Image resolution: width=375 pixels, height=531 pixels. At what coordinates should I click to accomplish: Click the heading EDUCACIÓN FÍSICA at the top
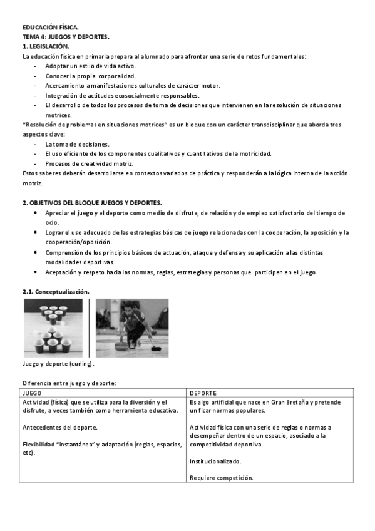(x=51, y=28)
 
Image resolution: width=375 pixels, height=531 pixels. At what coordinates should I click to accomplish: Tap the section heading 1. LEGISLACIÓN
(x=46, y=46)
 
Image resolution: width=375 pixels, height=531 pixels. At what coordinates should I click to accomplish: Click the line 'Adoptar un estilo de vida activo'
(x=90, y=66)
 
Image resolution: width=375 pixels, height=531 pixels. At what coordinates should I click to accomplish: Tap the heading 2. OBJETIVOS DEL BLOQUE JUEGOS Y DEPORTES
(x=92, y=203)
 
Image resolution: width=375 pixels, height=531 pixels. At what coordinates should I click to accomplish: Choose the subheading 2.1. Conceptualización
(x=56, y=292)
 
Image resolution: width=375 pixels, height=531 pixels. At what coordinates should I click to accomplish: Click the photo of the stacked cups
(x=53, y=327)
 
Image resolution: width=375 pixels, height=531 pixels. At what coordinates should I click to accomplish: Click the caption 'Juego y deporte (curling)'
(x=58, y=364)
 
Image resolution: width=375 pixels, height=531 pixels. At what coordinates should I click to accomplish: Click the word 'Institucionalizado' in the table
(x=215, y=461)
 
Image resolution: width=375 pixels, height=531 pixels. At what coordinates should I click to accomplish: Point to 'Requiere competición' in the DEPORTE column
(x=221, y=477)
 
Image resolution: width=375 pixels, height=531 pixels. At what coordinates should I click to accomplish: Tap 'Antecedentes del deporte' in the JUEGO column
(x=59, y=428)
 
